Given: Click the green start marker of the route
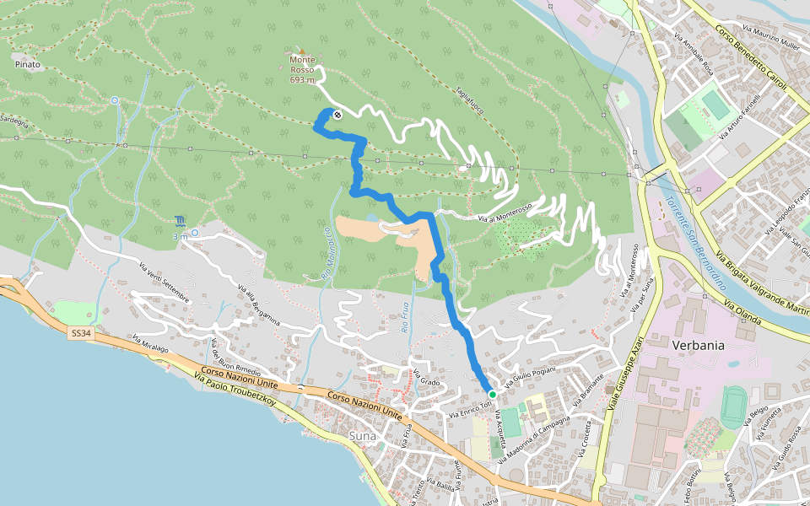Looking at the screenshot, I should pos(492,393).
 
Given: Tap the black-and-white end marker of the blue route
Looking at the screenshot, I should pos(337,115).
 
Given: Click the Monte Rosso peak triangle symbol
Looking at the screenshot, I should pos(300,50).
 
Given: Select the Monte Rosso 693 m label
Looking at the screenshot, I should pos(302,70).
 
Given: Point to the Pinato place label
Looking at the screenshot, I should pos(25,63).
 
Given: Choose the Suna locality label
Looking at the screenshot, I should pos(362,436).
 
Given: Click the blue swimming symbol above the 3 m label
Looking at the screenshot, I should pos(181,222).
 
